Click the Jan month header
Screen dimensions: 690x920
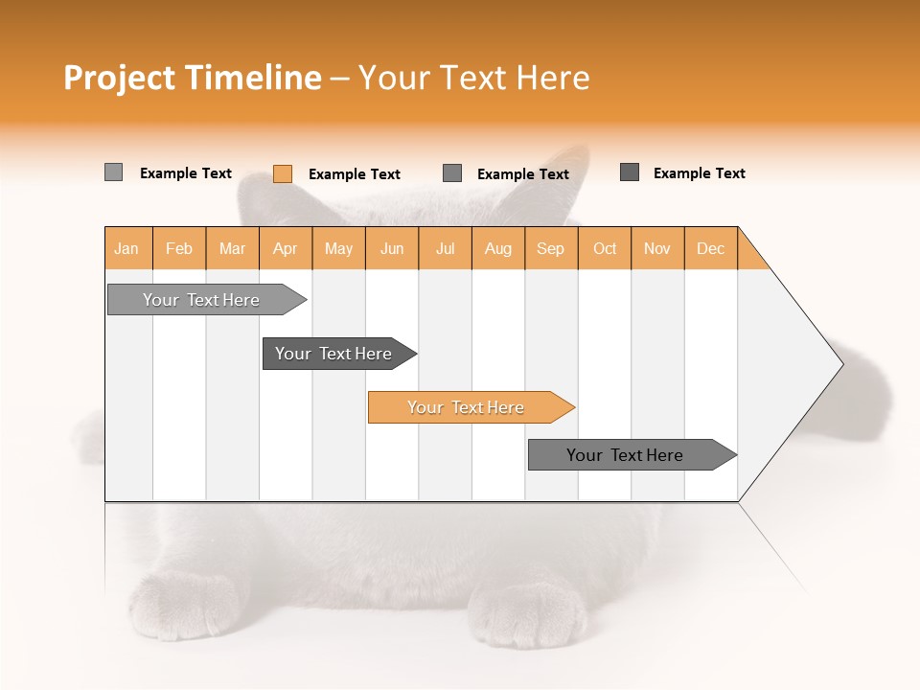pos(126,248)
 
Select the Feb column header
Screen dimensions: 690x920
pos(179,248)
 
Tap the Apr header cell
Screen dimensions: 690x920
pos(286,248)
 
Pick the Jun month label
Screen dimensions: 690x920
pos(392,248)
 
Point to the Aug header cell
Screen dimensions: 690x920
pos(498,248)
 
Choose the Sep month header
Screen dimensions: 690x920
pos(551,248)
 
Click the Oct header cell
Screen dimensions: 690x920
pos(605,248)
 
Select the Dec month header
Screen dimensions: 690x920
pos(711,248)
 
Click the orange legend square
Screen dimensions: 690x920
pos(282,173)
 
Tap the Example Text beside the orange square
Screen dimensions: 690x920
pos(354,174)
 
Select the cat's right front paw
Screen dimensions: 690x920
pos(532,613)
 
